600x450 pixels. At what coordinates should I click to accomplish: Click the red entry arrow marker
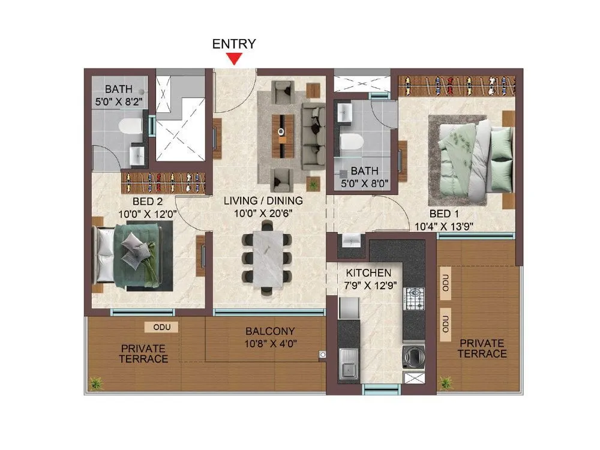click(234, 58)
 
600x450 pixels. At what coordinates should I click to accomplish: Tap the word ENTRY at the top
click(234, 44)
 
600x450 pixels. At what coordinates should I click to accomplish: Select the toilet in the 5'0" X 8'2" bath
click(130, 126)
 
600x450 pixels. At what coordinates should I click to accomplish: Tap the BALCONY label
click(269, 331)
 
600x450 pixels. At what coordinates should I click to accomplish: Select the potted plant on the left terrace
click(94, 382)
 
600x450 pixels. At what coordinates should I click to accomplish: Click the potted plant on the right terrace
click(445, 382)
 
